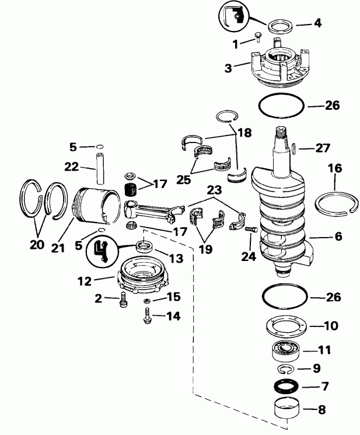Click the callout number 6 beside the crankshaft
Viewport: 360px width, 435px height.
[322, 238]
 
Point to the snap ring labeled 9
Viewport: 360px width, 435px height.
[285, 369]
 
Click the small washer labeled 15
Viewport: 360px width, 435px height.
[147, 300]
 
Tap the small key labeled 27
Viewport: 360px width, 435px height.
[295, 149]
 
